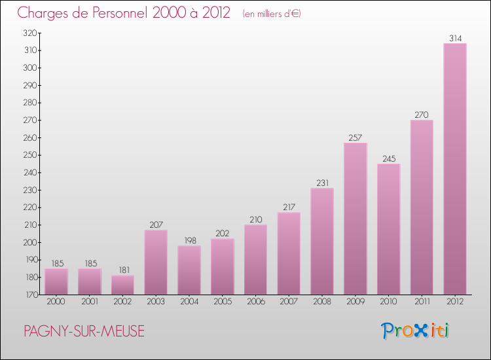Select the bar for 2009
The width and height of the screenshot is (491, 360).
click(x=355, y=219)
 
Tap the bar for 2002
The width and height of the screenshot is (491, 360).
click(x=122, y=285)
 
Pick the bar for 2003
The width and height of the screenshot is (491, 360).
click(x=156, y=262)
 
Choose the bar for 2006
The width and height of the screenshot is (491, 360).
click(x=255, y=259)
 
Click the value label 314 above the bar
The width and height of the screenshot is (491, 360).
click(x=455, y=38)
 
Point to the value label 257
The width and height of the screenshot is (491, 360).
click(x=355, y=137)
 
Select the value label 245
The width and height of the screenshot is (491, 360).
click(x=388, y=158)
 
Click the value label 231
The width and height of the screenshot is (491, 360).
click(x=322, y=183)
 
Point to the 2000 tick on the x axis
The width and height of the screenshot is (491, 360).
click(x=56, y=302)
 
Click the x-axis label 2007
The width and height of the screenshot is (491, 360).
click(x=289, y=302)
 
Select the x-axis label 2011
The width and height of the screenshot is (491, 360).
click(x=422, y=302)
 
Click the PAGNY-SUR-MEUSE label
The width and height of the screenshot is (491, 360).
click(x=84, y=331)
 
